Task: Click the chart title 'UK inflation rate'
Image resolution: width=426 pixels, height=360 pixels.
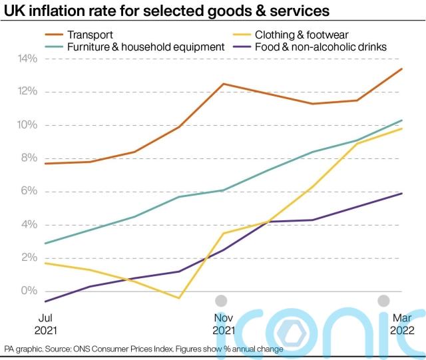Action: coord(166,11)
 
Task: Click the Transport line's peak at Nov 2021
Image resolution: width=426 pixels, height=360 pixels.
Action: coord(222,84)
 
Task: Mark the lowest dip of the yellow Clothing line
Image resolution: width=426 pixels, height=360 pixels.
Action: coord(179,298)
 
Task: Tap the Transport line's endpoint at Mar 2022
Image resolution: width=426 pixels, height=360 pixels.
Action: coord(402,69)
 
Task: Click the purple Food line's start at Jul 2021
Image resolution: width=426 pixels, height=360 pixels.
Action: coord(45,301)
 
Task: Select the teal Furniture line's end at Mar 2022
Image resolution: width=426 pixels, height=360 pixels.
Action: coord(402,120)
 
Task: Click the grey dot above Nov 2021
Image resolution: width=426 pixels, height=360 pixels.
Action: coord(222,301)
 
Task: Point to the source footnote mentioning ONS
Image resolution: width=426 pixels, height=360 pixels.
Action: coord(144,349)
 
